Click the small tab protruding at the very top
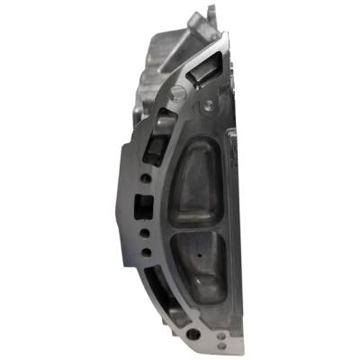click(213, 12)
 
